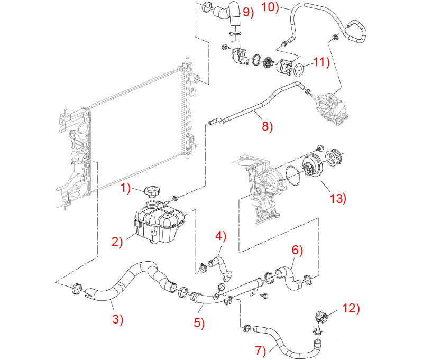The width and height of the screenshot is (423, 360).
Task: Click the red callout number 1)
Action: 125,188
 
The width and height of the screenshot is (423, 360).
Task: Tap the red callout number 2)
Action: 117,242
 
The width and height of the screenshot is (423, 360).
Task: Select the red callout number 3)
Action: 117,319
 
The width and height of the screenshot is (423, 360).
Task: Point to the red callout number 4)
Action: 220,236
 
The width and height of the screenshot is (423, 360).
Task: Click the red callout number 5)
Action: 199,323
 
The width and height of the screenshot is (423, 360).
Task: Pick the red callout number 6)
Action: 297,250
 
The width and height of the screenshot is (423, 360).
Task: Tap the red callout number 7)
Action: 261,351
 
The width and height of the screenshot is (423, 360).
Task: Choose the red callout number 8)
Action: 268,126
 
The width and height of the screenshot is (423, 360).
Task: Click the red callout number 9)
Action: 248,12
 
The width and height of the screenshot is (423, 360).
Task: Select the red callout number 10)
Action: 270,7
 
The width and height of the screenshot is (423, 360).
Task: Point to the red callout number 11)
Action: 322,62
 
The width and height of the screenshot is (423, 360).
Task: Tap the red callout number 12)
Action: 351,308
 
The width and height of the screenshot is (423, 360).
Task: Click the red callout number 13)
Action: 338,198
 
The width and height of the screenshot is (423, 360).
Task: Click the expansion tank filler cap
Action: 152,191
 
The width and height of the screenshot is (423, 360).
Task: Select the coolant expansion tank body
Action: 159,223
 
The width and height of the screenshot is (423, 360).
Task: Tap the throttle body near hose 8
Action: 332,108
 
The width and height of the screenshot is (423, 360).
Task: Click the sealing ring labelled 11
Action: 298,69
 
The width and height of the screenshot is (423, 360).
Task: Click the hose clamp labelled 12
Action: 321,316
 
